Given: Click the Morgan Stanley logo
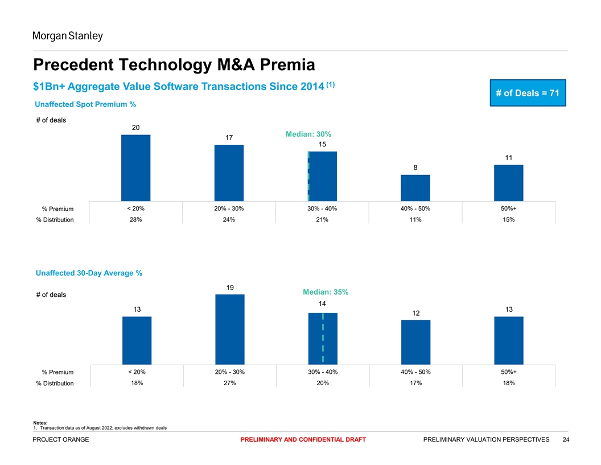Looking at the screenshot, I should point(67,36).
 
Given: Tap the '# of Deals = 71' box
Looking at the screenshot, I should point(526,93).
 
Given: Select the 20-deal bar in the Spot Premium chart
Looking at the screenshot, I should point(135,168).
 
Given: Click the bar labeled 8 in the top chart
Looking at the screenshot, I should point(415,187).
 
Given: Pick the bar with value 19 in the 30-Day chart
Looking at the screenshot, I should point(229,329).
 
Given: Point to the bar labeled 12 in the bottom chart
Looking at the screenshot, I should point(415,342).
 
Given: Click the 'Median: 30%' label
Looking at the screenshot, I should point(308,134).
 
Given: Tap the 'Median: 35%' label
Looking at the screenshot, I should point(326,292).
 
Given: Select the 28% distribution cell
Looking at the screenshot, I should point(136,220).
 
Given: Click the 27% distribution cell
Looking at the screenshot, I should point(229,383).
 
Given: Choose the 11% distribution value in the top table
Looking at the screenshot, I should point(415,220).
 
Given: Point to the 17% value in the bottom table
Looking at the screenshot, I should point(415,383).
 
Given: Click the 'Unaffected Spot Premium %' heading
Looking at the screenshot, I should point(85,105).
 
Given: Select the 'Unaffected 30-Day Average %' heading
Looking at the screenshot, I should point(89,274).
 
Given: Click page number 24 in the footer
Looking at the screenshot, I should point(566,439).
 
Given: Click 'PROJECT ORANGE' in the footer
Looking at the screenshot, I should point(61,439).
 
